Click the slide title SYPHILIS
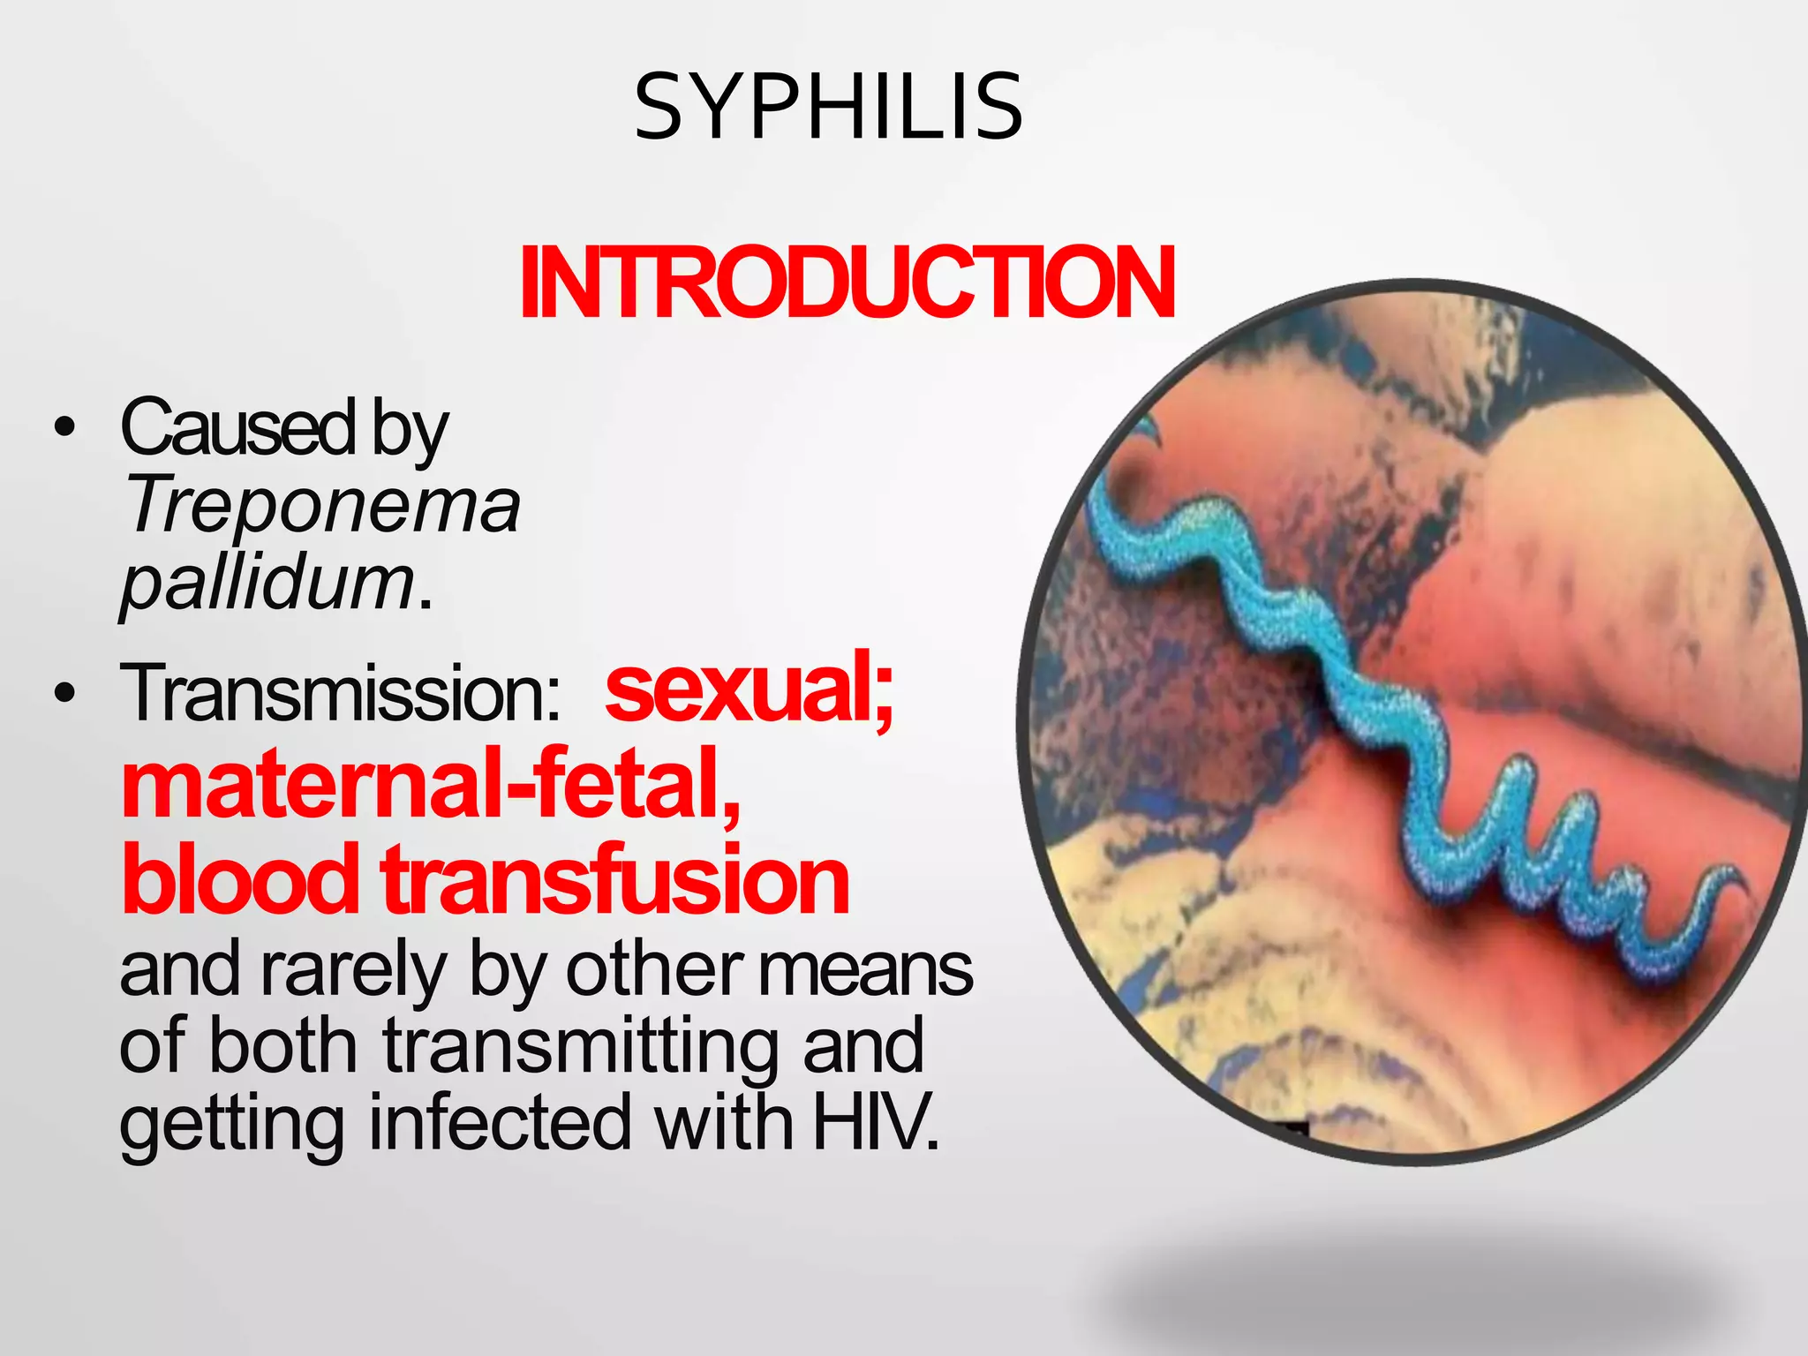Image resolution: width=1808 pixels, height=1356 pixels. (828, 108)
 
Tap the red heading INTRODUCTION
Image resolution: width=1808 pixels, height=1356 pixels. (847, 283)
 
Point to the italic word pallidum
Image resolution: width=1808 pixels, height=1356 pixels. (267, 584)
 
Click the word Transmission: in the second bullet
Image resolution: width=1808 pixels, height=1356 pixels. (341, 694)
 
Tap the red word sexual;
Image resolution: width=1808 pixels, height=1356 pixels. (750, 690)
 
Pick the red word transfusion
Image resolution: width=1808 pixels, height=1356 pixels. (616, 879)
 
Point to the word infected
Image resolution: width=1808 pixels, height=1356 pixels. (501, 1122)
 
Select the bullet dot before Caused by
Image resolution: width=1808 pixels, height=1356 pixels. (64, 428)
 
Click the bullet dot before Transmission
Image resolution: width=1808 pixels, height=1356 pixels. (64, 695)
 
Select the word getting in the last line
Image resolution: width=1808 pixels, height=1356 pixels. (231, 1124)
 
